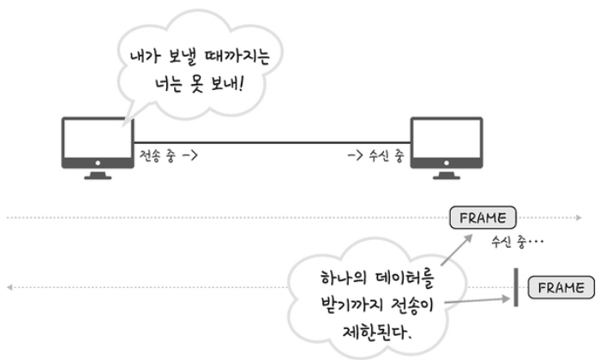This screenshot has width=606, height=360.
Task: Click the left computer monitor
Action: tap(97, 141)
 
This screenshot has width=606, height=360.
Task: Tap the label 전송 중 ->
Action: tap(170, 158)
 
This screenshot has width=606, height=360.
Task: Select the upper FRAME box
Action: tap(483, 218)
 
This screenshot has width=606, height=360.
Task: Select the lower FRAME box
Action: tap(561, 286)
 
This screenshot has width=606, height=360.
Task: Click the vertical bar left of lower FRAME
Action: tap(517, 286)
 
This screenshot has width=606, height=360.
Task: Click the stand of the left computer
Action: tap(97, 173)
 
